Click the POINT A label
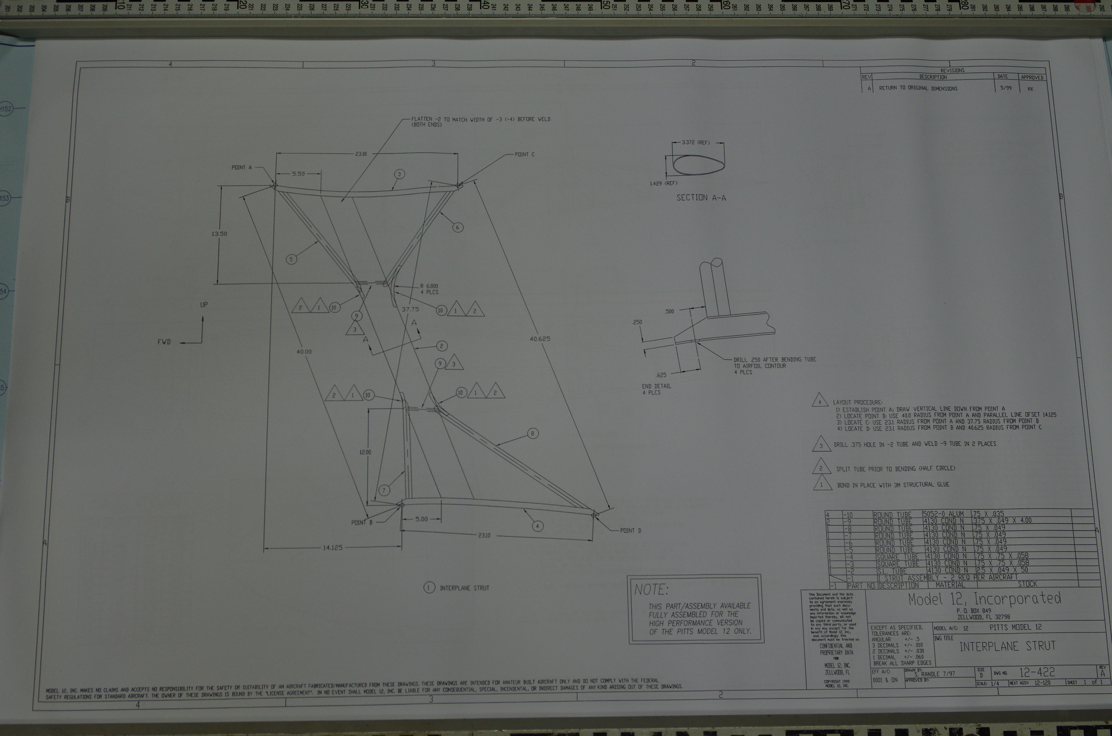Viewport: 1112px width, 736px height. pos(241,168)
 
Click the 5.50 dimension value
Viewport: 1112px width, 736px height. pos(298,174)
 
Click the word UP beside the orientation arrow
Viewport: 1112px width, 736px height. pos(204,305)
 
